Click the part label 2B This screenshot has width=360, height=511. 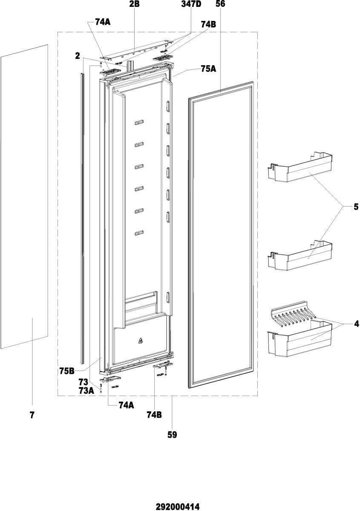tap(134, 4)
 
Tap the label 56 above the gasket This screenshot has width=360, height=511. tap(220, 4)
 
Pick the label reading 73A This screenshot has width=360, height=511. tap(86, 390)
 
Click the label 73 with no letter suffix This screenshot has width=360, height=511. tap(83, 382)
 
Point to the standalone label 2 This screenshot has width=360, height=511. tap(78, 55)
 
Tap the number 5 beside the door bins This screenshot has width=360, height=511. tap(356, 208)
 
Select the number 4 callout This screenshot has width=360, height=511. tap(356, 324)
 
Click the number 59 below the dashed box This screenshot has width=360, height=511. tap(172, 435)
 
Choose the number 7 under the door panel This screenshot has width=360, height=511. tap(32, 415)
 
